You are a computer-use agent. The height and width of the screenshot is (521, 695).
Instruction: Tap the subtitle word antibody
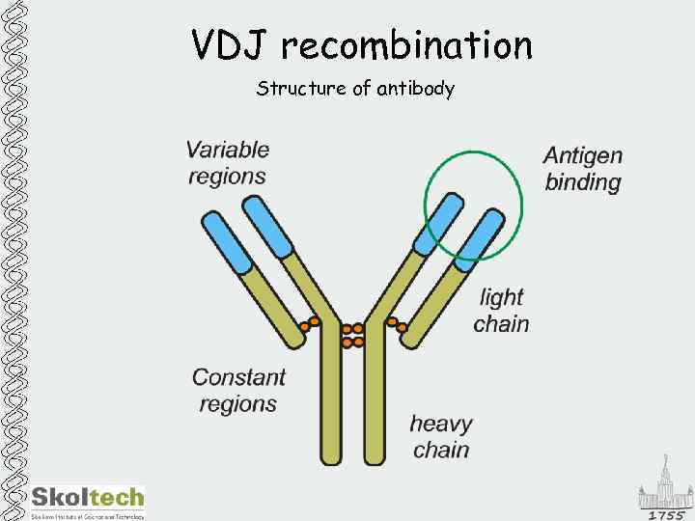pos(416,89)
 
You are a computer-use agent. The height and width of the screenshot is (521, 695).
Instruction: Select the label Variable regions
pos(228,162)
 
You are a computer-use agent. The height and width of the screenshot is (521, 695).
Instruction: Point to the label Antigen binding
pos(583,168)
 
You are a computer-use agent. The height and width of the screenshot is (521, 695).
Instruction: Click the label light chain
pos(501,310)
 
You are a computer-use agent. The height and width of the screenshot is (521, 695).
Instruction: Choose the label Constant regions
pos(238,390)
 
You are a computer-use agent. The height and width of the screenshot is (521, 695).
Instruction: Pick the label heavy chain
pos(441,436)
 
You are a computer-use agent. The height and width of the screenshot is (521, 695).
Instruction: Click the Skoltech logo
pos(88,500)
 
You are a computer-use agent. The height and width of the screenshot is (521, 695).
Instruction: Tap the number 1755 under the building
pos(666,514)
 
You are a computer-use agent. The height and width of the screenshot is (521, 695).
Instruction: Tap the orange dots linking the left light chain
pos(308,323)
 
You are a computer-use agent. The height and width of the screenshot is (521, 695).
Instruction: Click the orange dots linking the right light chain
pos(397,324)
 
